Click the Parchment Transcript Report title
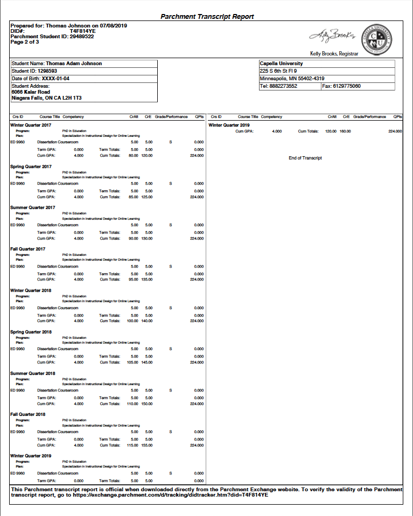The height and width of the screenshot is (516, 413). coord(207,17)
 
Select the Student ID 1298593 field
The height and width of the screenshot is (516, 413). coord(34,71)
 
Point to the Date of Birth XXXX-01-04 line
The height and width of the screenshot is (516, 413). coord(40,79)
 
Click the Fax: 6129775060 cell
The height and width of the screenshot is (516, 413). coord(341,86)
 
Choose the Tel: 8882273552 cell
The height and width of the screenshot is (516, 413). coord(278,86)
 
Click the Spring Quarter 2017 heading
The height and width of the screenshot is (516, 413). coord(31,166)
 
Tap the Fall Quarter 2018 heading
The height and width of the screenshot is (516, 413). coord(29,414)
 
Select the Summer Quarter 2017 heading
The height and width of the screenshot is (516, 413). coord(32,207)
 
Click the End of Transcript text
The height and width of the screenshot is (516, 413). coord(305,158)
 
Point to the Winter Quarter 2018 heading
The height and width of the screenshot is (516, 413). coord(31,290)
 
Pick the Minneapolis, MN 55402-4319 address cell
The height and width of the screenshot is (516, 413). coord(292,79)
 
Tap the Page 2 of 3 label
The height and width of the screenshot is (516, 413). coord(25,42)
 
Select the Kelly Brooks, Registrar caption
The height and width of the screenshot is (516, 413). coord(334,53)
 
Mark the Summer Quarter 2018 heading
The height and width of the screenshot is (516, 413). coord(32,373)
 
